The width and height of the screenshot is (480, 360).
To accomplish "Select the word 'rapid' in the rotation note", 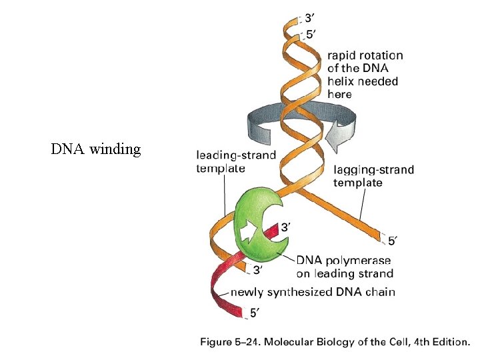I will [341, 56].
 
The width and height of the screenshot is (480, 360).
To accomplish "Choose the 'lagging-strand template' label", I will [373, 176].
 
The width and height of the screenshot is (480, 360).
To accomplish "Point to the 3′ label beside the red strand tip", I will [285, 227].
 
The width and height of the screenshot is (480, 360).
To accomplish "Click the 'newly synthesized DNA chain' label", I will [313, 292].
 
